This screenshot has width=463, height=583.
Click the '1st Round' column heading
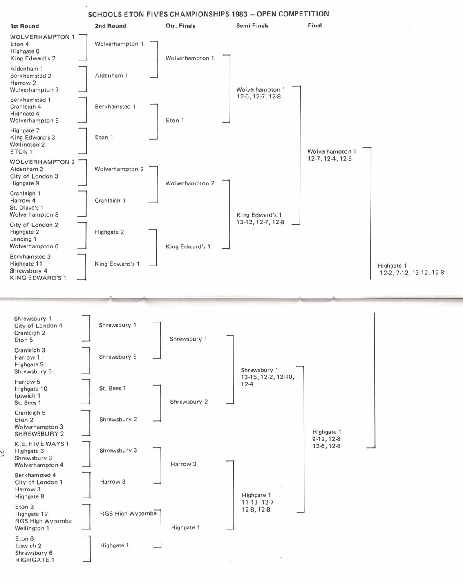coord(25,26)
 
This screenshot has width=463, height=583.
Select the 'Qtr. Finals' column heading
coord(180,26)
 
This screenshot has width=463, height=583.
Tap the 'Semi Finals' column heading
coord(252,26)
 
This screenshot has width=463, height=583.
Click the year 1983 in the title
coord(239,14)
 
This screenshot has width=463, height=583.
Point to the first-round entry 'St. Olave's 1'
coord(27,208)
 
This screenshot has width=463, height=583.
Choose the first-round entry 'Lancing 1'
coord(23,239)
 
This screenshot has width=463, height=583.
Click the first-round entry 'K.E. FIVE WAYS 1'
coord(42,444)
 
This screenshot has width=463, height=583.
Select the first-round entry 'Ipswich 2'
coord(28,546)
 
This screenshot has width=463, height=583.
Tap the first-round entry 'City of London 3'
coord(34,176)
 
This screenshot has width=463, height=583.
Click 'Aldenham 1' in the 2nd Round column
coord(112,76)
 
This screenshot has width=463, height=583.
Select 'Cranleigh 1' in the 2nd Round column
coord(110,201)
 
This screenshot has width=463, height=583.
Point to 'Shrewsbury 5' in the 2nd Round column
coord(118,357)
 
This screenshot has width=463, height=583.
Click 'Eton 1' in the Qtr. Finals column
coord(175,121)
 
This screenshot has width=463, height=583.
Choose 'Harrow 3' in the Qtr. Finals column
coord(183,464)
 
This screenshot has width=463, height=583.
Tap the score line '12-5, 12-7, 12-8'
coord(259,97)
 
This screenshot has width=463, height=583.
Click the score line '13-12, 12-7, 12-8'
coord(260,222)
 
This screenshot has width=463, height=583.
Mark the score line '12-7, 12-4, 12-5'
coord(329,159)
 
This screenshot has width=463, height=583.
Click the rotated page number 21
coord(2,453)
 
